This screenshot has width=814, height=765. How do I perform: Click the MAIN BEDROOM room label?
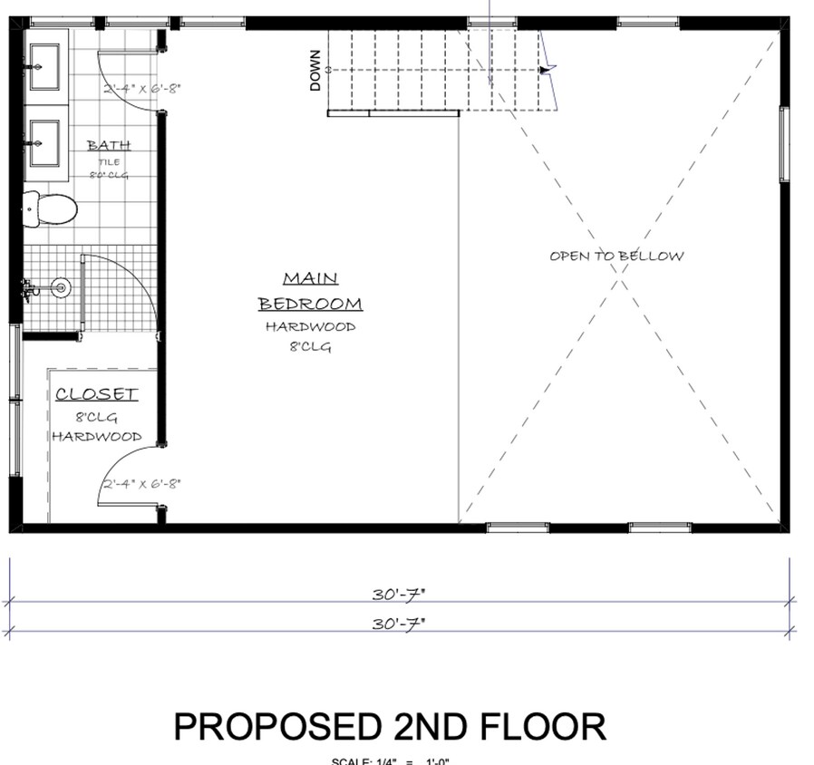point(310,291)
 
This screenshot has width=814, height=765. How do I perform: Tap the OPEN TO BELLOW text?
point(616,257)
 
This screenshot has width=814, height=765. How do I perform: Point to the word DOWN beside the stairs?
point(315,70)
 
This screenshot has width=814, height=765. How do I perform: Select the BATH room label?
point(109,145)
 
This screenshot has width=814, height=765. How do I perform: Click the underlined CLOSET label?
point(96,394)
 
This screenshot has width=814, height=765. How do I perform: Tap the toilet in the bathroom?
point(50,209)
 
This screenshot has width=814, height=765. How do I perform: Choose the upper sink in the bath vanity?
point(44,68)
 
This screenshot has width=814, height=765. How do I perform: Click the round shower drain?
point(61,288)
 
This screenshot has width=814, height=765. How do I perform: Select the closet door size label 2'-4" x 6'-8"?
point(141,484)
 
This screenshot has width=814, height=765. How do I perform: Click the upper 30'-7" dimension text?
point(398,595)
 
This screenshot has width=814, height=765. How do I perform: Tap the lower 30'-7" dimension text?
point(398,624)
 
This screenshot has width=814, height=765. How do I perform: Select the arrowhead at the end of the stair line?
point(544,70)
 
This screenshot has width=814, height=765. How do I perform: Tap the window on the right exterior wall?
point(784,144)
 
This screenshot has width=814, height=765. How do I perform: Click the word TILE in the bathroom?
point(109,162)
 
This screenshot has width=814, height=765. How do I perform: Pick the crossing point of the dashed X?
point(620,278)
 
